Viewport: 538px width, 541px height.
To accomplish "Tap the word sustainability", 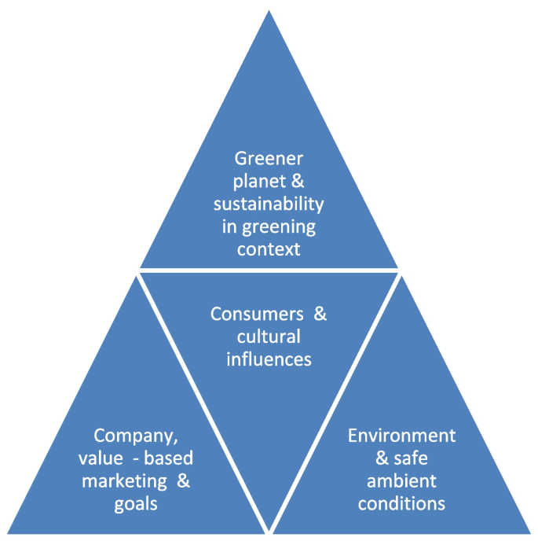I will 269,204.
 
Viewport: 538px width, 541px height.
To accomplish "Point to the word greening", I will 285,227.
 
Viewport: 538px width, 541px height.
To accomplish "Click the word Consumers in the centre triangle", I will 257,315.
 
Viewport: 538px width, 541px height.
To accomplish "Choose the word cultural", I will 269,337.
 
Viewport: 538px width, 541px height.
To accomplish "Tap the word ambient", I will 401,480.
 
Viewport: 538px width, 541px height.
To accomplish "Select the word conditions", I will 401,502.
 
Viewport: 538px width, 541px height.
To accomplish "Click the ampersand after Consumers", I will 320,315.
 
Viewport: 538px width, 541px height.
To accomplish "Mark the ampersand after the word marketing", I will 183,480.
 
